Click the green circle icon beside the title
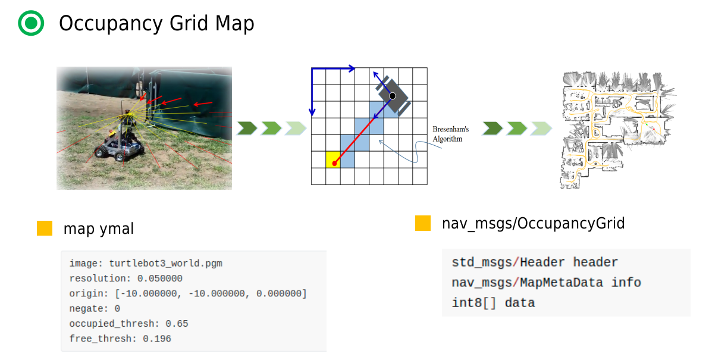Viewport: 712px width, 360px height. [x=31, y=23]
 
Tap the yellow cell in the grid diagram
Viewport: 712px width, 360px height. [x=333, y=159]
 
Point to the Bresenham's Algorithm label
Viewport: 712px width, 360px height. [x=450, y=134]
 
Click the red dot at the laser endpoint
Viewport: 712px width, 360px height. [x=335, y=162]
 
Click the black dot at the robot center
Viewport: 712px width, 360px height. [x=393, y=96]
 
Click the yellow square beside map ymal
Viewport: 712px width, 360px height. [x=45, y=228]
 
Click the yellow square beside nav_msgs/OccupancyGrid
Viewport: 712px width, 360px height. [x=423, y=223]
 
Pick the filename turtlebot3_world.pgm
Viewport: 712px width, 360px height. [x=165, y=263]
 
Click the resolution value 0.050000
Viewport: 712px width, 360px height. [x=159, y=278]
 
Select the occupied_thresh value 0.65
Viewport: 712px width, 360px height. [x=177, y=324]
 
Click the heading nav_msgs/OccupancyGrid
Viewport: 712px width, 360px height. [x=533, y=223]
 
